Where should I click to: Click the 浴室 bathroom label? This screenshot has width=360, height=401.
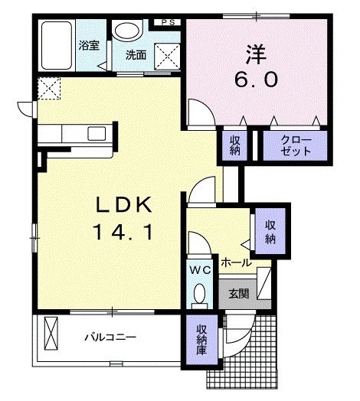pos(87,44)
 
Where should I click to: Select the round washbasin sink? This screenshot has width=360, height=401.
pos(125,31)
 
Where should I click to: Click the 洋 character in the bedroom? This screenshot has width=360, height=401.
pos(256,54)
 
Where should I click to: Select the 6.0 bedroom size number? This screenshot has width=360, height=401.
pos(256,80)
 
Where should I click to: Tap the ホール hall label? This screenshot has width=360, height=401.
pos(235,262)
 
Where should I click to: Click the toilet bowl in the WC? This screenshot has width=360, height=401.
pos(198,294)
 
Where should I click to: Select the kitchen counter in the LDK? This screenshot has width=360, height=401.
pos(77,133)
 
